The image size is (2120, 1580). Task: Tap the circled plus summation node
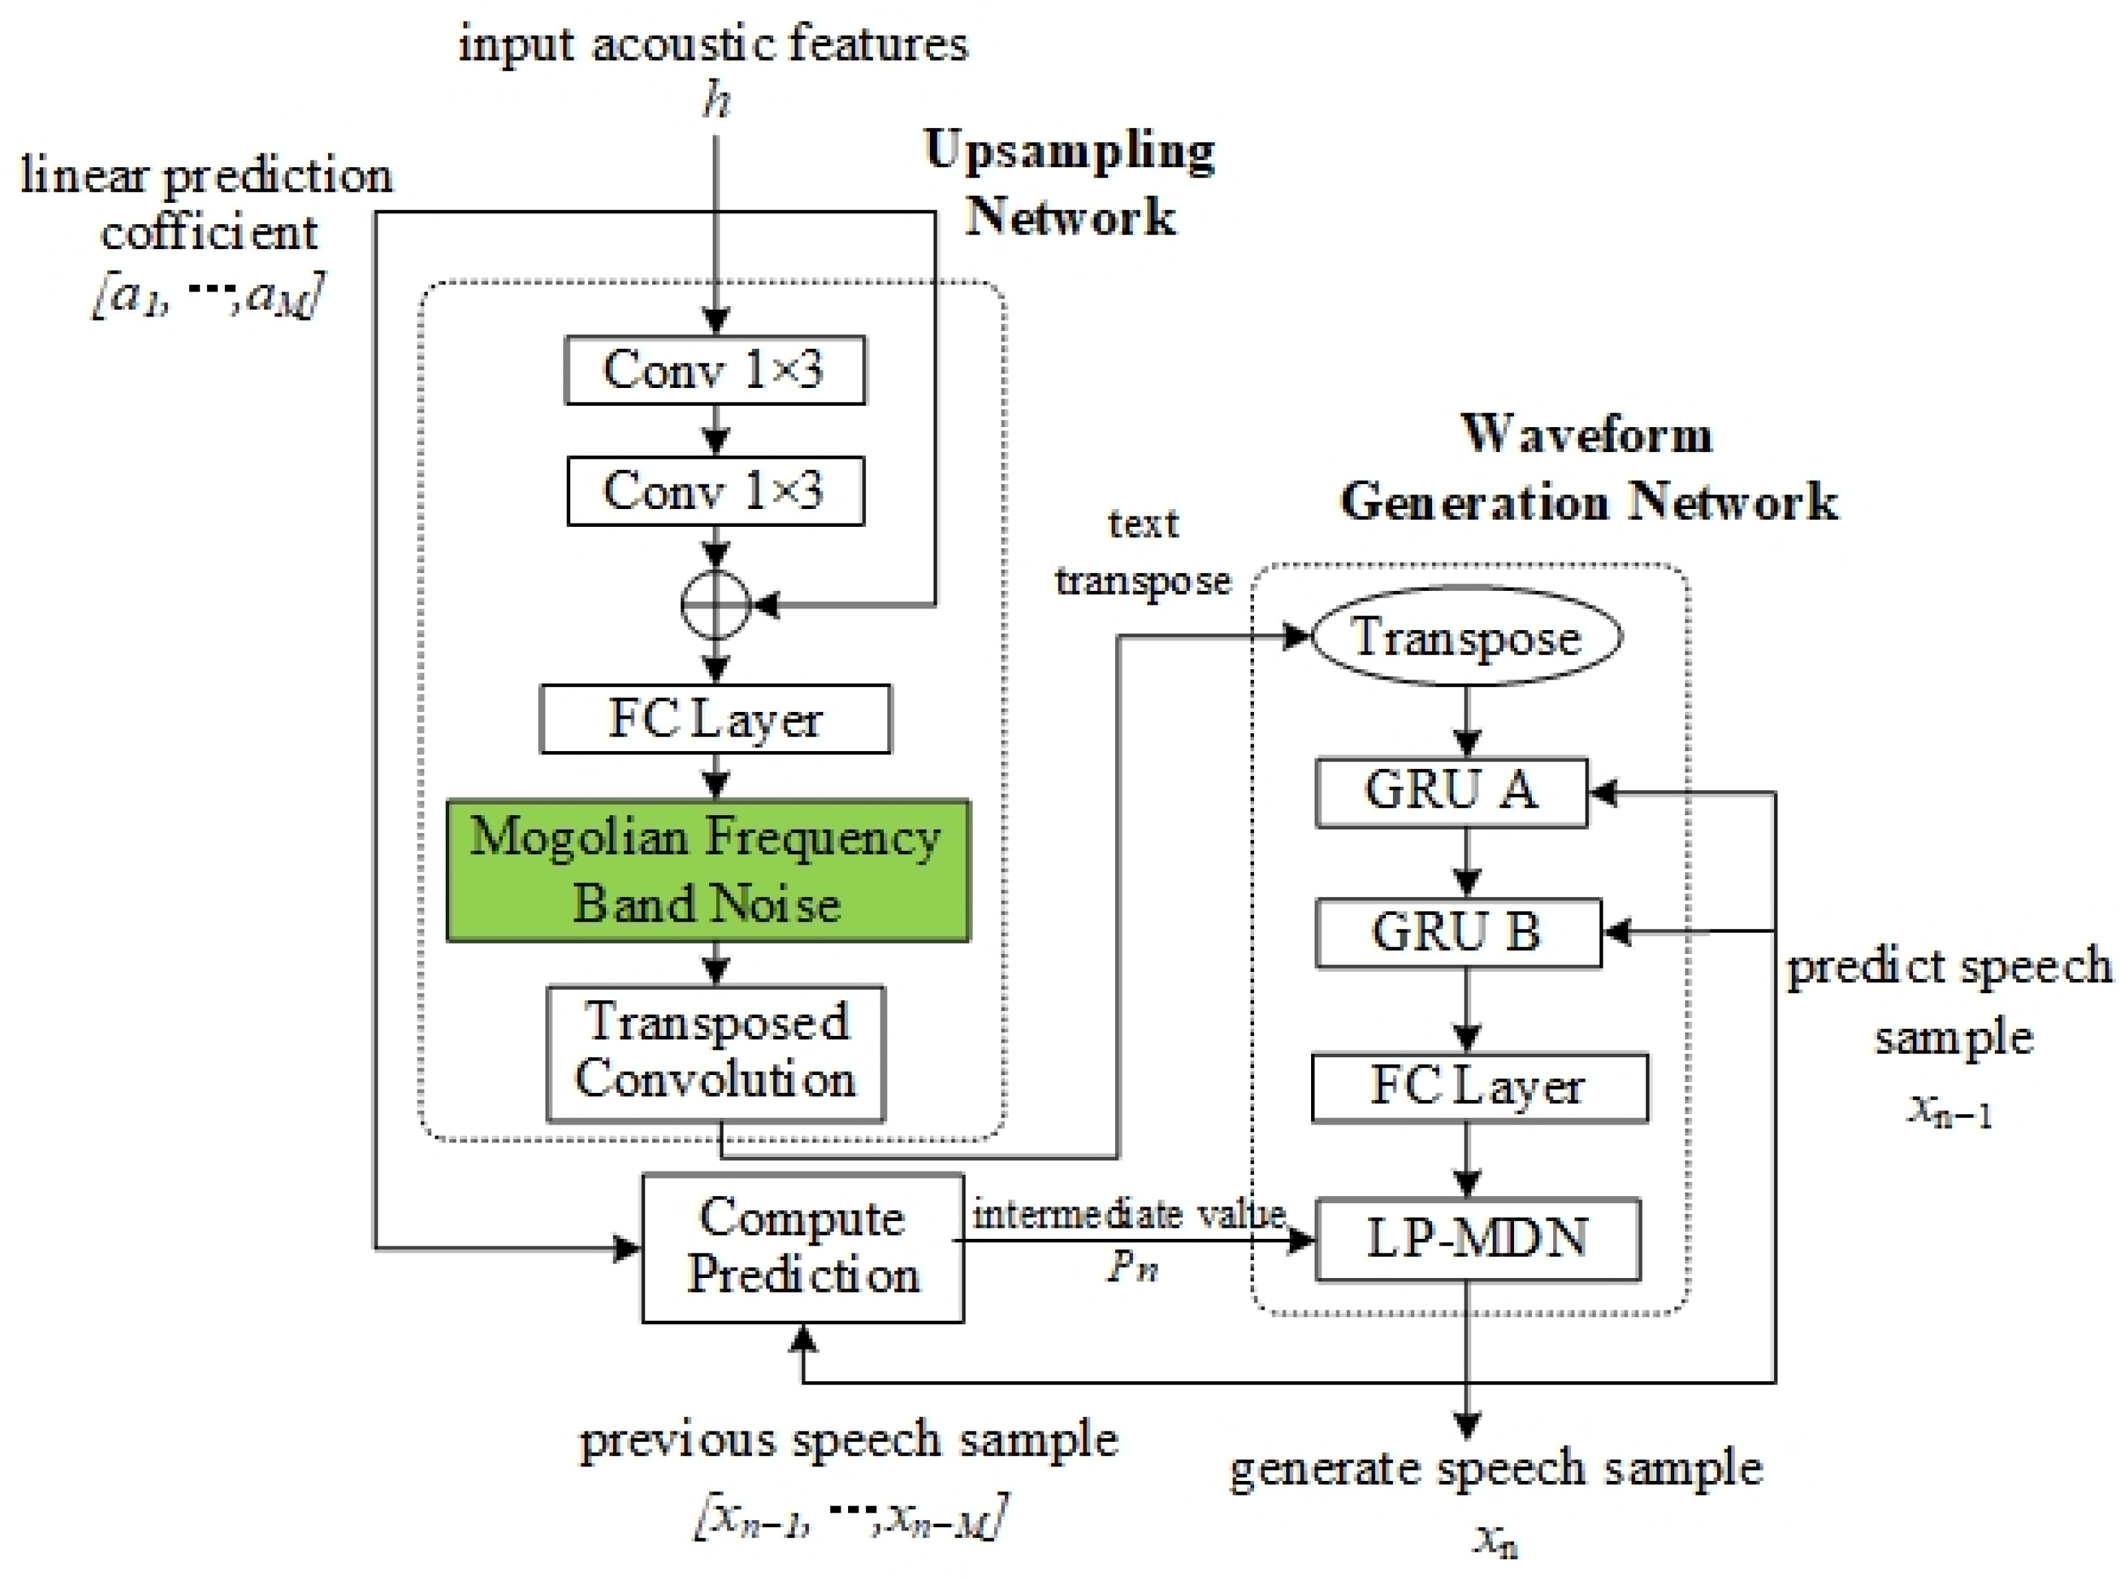coord(715,605)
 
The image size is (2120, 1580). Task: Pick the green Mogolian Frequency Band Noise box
coord(708,870)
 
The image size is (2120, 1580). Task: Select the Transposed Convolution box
coord(715,1052)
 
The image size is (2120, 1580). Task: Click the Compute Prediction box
coord(802,1247)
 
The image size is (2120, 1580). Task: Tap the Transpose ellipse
coord(1465,637)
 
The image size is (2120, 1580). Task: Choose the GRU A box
coord(1451,792)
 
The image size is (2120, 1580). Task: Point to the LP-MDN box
coord(1478,1239)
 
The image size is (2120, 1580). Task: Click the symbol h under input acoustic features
coord(716,100)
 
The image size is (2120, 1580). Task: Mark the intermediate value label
coord(1128,1215)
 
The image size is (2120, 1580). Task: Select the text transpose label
coord(1143,553)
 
